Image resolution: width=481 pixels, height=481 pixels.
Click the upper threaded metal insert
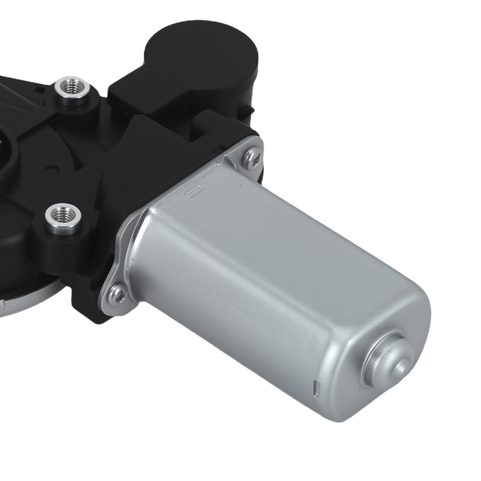click(70, 87)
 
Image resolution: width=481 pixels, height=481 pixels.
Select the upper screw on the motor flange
click(252, 157)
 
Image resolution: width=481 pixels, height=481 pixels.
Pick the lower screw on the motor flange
click(116, 294)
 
